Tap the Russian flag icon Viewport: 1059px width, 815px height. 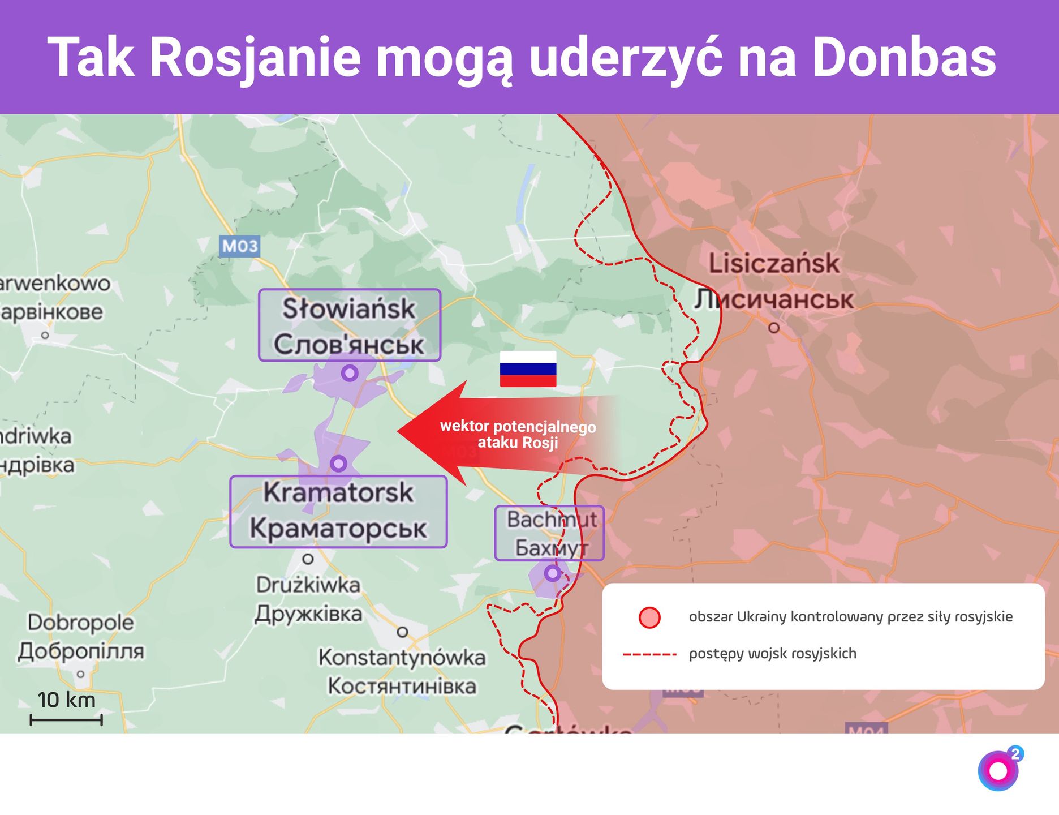528,369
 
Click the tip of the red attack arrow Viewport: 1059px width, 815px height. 399,432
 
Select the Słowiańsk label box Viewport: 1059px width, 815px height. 350,325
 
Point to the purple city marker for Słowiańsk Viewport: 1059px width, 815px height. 350,374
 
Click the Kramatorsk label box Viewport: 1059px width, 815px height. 338,512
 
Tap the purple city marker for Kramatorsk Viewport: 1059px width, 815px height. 338,464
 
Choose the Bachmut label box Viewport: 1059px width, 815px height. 549,533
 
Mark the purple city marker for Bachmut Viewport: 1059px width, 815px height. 552,573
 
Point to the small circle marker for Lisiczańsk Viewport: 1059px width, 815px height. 774,328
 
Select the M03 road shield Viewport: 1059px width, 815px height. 240,246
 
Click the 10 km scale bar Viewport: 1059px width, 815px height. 66,720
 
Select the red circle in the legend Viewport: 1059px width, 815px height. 649,617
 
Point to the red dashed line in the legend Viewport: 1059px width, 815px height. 649,655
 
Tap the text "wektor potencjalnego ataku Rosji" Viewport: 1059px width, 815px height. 518,434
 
